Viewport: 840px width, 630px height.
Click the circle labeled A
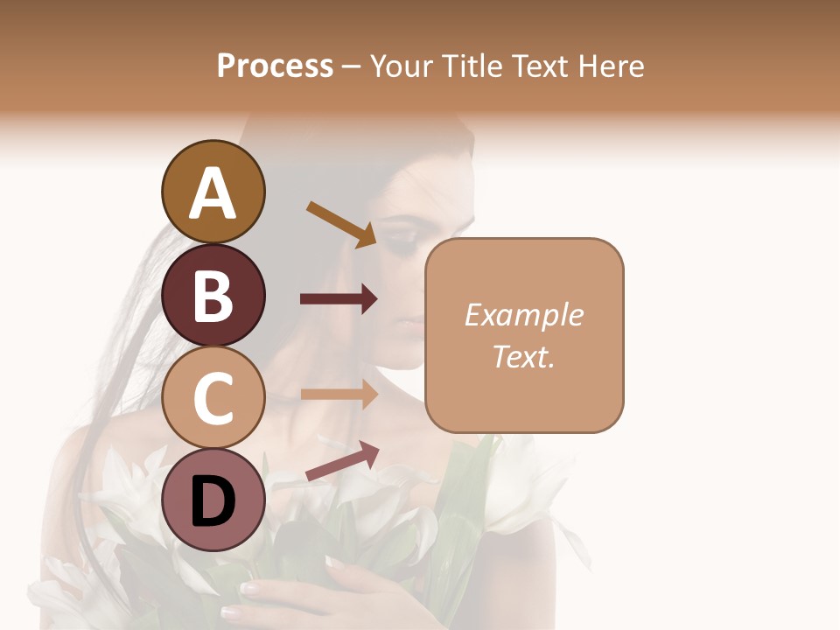tap(213, 192)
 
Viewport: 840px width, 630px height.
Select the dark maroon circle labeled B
tap(213, 296)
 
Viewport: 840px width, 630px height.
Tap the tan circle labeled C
tap(213, 398)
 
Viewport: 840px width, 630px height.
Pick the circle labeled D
tap(213, 500)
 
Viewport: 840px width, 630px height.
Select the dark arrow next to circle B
tap(339, 299)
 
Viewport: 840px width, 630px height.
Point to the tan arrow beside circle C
tap(339, 394)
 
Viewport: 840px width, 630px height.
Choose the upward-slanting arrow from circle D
tap(342, 461)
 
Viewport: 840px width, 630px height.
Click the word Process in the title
tap(275, 66)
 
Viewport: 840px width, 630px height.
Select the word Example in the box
tap(523, 315)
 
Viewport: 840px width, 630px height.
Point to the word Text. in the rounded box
tap(523, 356)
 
